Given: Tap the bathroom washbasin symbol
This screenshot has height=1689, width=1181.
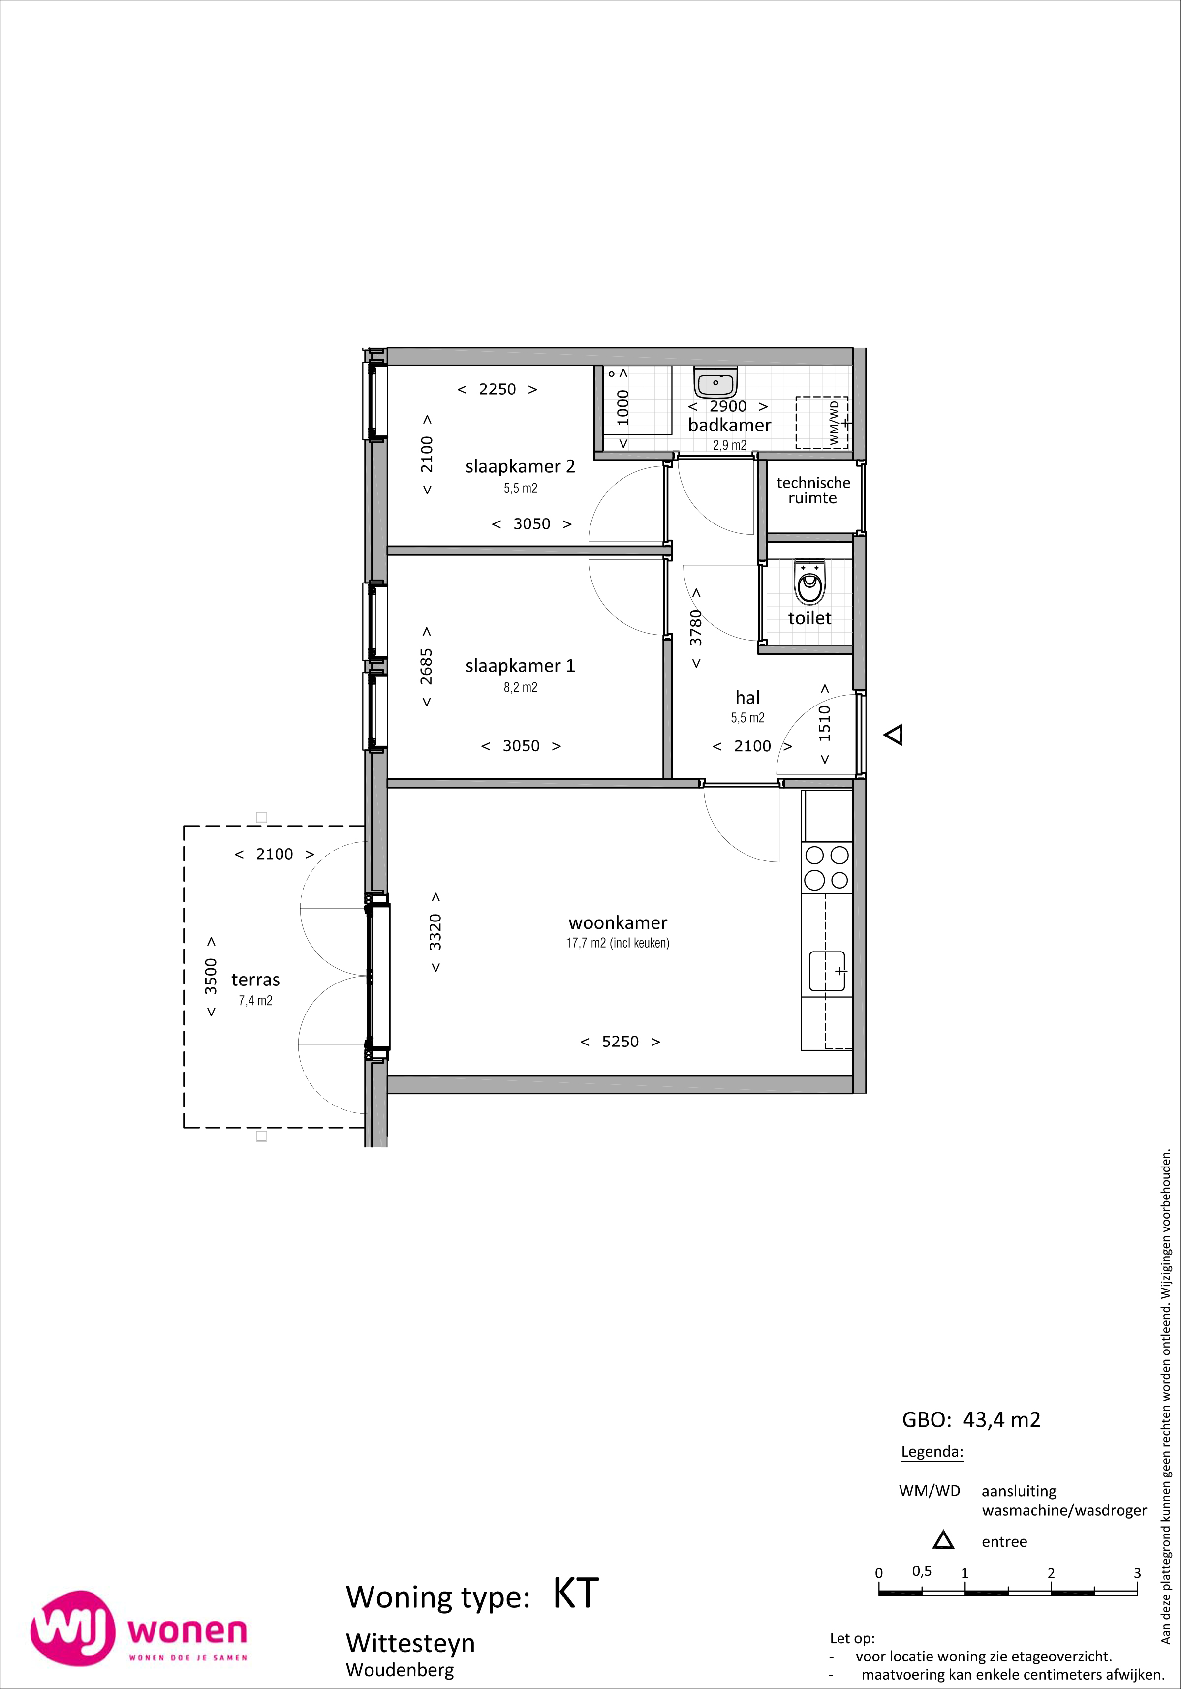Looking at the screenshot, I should [x=715, y=383].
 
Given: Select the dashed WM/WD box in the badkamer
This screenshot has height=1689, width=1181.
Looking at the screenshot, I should [x=822, y=422].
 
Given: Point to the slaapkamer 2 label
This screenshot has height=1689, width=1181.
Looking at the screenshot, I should [x=520, y=466].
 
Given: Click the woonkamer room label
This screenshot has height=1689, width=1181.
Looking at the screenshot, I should [x=618, y=922].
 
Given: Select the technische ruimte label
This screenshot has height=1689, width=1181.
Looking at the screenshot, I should [x=812, y=490].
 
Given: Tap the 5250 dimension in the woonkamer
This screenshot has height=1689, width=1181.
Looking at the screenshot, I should [x=621, y=1042].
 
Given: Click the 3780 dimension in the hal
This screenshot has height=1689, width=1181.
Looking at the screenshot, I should [x=696, y=628].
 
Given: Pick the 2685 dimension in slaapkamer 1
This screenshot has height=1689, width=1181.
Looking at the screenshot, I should [x=427, y=667].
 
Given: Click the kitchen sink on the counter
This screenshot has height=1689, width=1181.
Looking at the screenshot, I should [x=828, y=971].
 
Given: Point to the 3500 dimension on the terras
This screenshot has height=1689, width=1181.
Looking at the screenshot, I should [x=211, y=976].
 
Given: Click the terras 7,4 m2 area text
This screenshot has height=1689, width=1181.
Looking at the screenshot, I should [x=255, y=1000].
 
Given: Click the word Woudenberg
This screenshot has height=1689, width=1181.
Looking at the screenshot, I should [x=400, y=1670].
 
